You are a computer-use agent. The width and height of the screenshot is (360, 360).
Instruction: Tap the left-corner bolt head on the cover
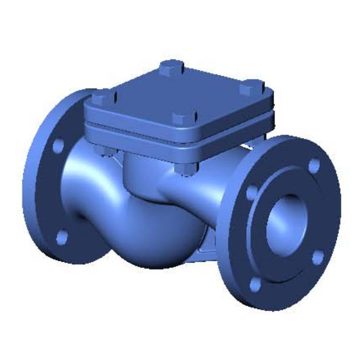click(x=101, y=96)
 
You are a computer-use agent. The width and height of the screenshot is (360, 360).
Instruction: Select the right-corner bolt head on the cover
click(x=248, y=89)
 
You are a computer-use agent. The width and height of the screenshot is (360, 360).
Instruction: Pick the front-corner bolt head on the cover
click(x=180, y=119)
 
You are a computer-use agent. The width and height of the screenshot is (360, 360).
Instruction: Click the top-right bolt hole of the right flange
click(x=313, y=165)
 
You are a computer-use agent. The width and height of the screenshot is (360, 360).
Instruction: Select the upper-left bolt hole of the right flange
click(x=252, y=193)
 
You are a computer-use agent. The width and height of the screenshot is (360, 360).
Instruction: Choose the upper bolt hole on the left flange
click(x=58, y=146)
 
